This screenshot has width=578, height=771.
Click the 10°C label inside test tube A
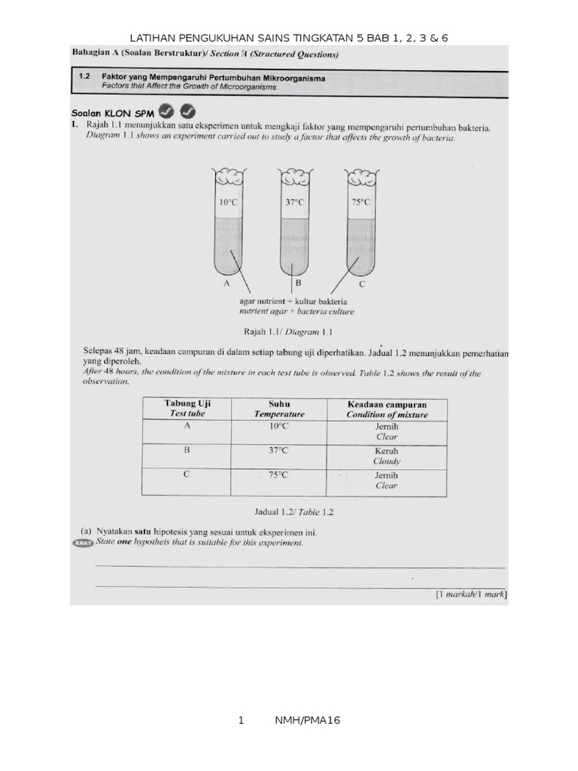coord(227,202)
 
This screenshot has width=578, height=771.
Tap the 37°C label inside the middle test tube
coord(294,202)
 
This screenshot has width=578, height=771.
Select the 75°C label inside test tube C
coord(360,202)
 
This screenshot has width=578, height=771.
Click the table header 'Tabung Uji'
coord(187,404)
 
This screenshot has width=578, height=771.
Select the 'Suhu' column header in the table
coord(279,404)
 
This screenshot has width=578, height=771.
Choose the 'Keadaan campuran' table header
coord(387,404)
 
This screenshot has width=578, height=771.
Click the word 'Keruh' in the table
coord(387,450)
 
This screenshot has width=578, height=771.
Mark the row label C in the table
coord(187,474)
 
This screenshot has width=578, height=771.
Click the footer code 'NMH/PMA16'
coord(309,721)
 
